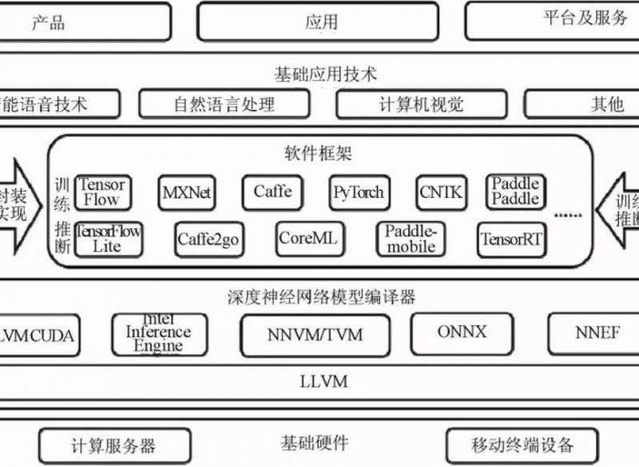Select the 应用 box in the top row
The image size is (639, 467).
point(318,22)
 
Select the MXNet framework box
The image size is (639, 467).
point(187,192)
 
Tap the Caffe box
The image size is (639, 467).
point(272,192)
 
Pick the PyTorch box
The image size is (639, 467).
point(358,192)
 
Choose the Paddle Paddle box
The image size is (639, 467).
point(514,192)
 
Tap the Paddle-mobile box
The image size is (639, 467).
point(411,238)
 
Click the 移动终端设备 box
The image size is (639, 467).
point(522,445)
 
